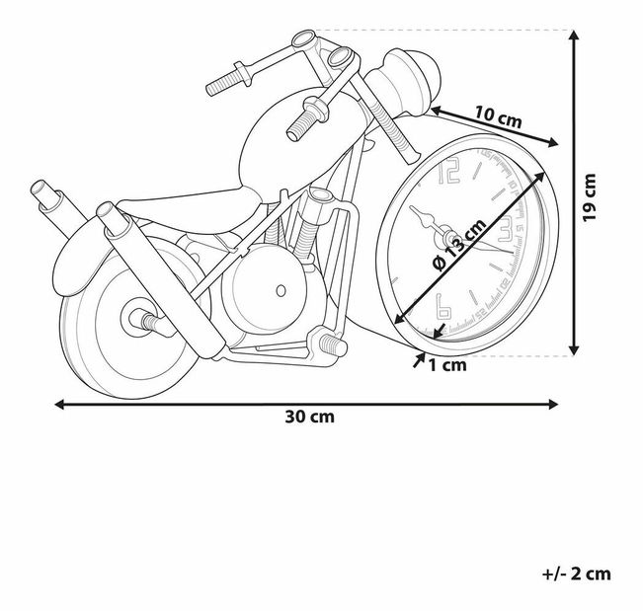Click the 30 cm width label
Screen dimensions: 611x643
click(x=309, y=417)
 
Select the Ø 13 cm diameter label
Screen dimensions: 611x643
click(x=461, y=247)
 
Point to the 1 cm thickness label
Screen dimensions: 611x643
click(x=446, y=364)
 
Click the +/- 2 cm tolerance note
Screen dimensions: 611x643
click(x=577, y=573)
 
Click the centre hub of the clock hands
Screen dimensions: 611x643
click(x=448, y=238)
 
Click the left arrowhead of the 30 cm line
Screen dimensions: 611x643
click(x=59, y=404)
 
